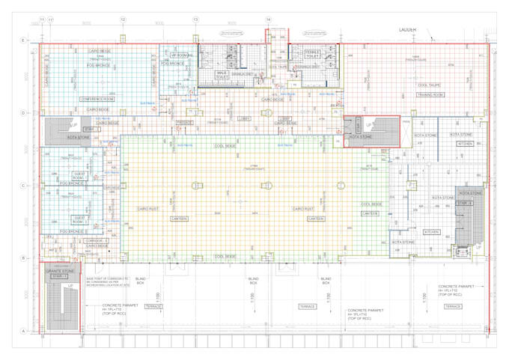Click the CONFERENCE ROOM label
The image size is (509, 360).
(x=97, y=99)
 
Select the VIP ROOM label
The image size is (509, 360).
(x=182, y=55)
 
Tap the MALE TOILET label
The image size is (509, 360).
(x=222, y=75)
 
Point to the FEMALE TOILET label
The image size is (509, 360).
(x=311, y=54)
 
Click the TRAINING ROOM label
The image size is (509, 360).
(x=430, y=95)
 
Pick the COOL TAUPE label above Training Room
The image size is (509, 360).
(x=428, y=85)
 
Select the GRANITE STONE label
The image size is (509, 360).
(x=60, y=271)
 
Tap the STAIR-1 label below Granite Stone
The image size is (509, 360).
(x=59, y=277)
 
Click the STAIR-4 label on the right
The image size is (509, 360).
(x=466, y=203)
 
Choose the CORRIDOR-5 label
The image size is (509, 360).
(x=97, y=240)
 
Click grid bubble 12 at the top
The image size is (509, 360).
(x=123, y=19)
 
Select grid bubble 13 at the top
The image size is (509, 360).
(x=195, y=19)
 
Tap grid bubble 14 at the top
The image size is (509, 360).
(x=268, y=19)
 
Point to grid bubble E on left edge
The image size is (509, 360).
(x=23, y=40)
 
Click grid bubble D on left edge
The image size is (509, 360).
(x=23, y=113)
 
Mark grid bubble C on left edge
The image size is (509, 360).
(x=23, y=186)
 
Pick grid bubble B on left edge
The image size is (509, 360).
(x=23, y=258)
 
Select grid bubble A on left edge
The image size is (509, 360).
(x=23, y=331)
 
